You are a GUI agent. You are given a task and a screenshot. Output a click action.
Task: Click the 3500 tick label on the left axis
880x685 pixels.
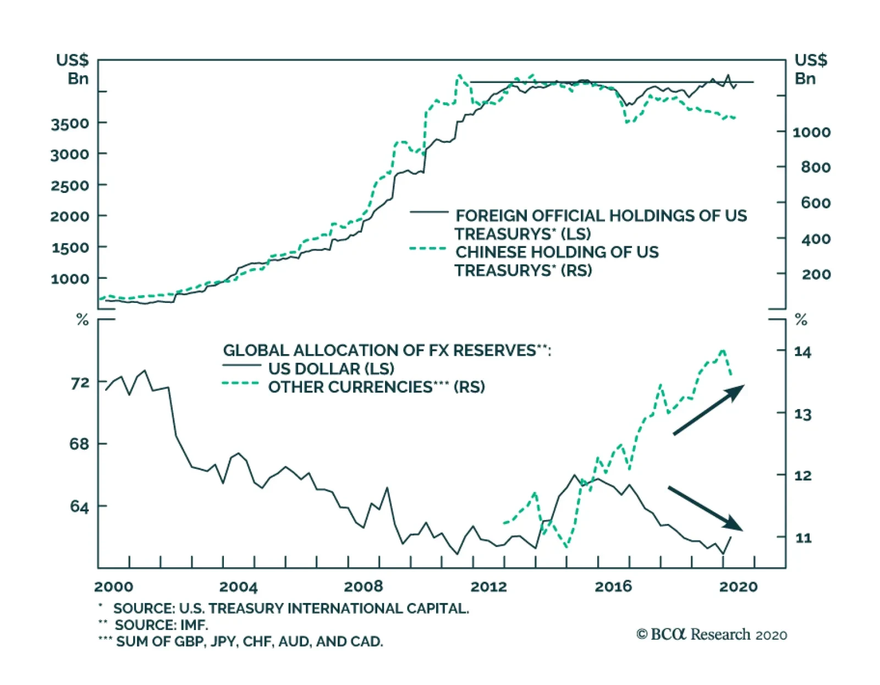click(70, 124)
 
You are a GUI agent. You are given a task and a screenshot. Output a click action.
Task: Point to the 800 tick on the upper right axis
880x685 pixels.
click(816, 167)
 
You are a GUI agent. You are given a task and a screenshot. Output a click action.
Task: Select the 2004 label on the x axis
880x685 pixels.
click(238, 587)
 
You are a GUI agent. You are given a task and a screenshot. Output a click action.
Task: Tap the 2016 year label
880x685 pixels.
click(613, 587)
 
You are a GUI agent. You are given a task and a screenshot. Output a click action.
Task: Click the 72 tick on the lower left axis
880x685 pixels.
click(80, 383)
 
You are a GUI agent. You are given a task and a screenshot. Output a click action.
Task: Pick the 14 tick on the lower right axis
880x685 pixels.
click(802, 352)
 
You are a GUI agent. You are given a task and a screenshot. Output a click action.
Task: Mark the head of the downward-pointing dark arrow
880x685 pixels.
click(736, 525)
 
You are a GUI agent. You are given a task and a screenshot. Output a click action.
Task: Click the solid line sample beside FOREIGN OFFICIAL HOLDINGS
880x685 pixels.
click(429, 212)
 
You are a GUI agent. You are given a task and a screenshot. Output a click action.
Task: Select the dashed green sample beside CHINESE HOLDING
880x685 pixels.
click(428, 248)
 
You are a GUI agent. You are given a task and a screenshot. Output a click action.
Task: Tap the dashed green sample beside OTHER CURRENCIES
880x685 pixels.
click(240, 383)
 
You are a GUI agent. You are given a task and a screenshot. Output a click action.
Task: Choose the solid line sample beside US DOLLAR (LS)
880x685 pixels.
click(241, 366)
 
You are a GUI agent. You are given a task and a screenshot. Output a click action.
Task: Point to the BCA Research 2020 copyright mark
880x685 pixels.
click(712, 634)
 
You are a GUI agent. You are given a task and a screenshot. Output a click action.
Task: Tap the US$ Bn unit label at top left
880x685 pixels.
click(73, 69)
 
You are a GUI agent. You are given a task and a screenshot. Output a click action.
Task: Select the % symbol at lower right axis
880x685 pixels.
click(801, 319)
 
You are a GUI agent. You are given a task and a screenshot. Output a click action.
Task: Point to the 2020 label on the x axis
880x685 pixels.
click(738, 587)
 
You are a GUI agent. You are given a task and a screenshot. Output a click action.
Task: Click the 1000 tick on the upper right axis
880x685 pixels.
click(811, 132)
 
